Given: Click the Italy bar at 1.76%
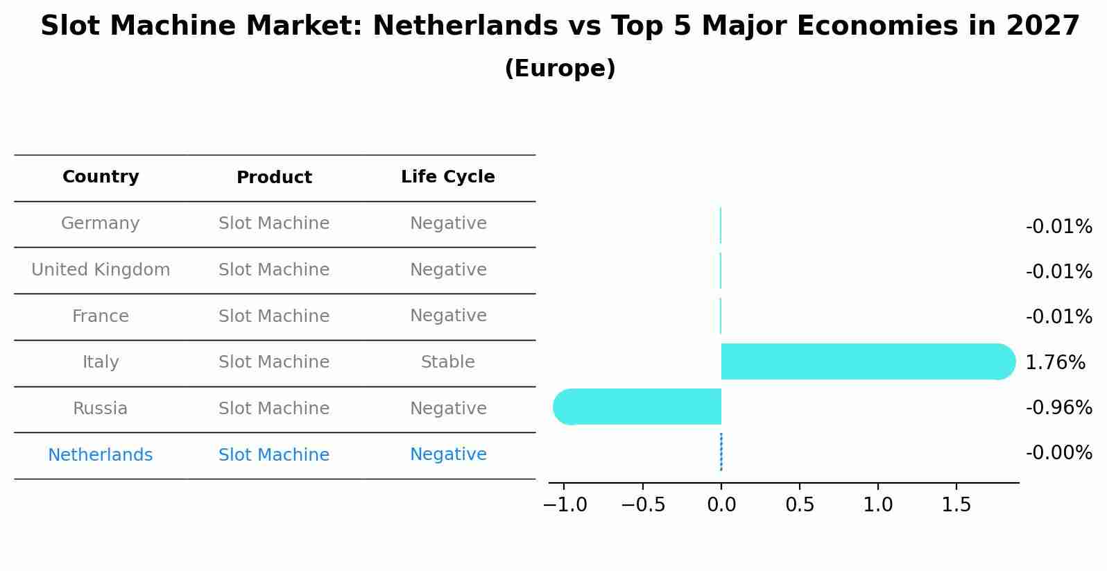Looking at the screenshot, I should tap(867, 361).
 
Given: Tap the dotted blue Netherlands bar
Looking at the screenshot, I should tap(721, 452).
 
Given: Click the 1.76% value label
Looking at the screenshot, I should tap(1055, 362).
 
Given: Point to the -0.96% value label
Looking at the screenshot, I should tap(1058, 407).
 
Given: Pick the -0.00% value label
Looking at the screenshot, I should tap(1058, 452).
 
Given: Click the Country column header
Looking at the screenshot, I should tap(101, 177).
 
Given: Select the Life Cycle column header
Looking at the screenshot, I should tap(447, 177).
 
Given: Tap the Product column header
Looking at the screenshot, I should tap(274, 178).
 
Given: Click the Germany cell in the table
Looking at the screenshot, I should tap(101, 223).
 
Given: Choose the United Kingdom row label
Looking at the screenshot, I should tap(101, 270).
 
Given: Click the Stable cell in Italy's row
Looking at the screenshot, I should tap(447, 362).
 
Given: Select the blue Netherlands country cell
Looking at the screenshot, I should tap(101, 455).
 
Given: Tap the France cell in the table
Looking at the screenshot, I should tap(101, 316).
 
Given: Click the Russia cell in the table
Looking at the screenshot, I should tap(101, 409).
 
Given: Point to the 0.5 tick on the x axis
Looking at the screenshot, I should tap(800, 504).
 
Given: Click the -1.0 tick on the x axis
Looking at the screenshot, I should tap(565, 504).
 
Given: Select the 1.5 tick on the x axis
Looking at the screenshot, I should tap(956, 504).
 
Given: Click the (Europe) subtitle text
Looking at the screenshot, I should tap(560, 69).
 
